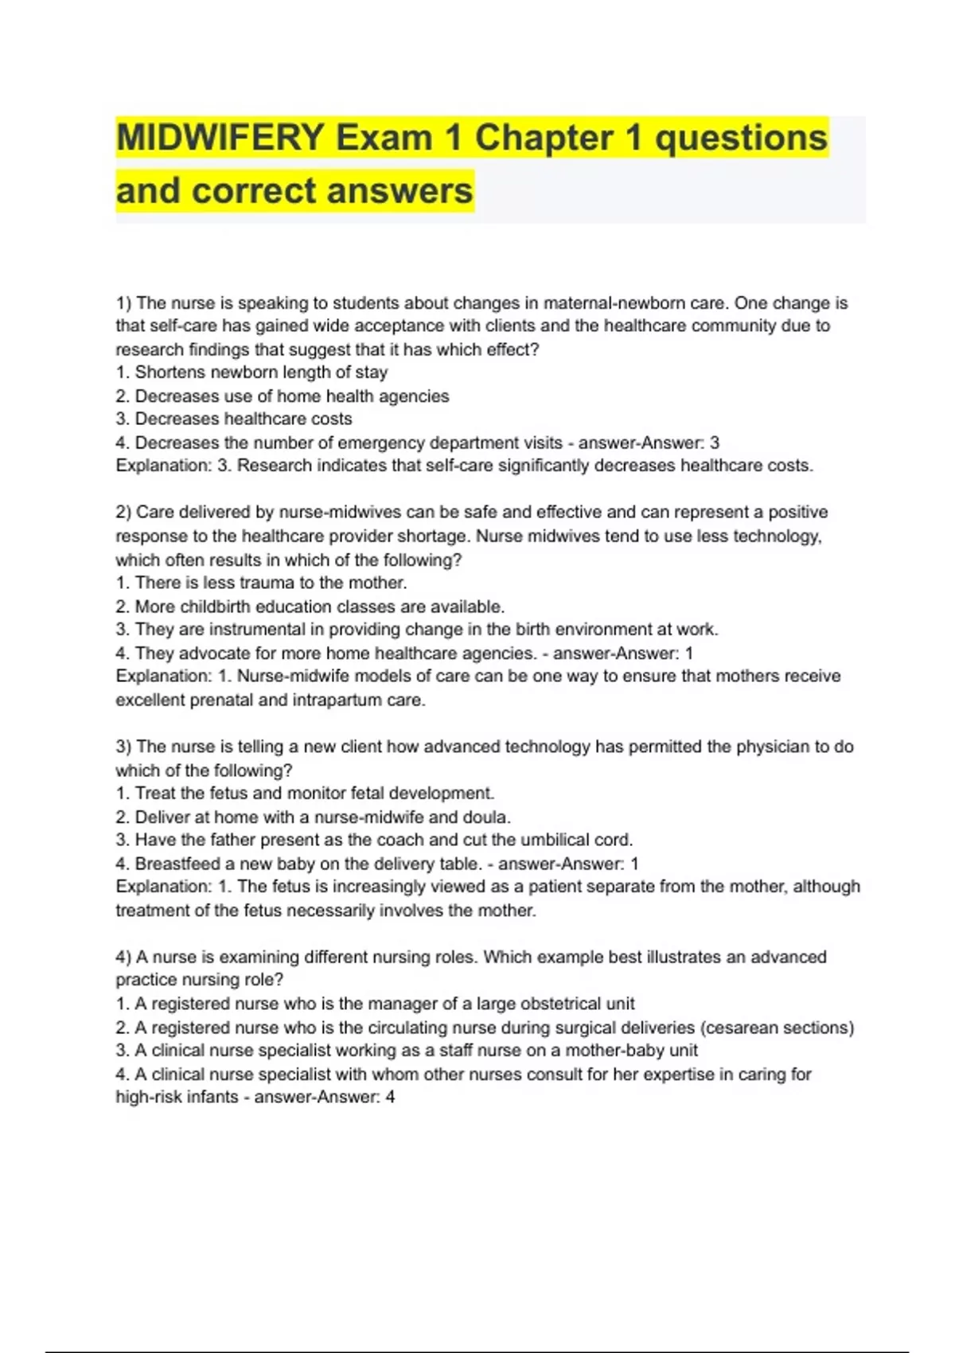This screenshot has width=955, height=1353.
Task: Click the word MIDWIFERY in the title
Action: (x=220, y=138)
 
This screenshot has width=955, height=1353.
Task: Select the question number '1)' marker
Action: (x=123, y=303)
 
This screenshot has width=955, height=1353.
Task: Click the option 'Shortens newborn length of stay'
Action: (x=261, y=372)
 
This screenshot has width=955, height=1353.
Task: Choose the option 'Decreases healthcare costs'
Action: (x=243, y=419)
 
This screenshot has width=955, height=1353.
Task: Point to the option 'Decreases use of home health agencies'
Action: (x=291, y=396)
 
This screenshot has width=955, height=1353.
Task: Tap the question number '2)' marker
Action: (x=123, y=513)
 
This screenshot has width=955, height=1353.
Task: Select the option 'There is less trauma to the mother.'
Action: (x=271, y=583)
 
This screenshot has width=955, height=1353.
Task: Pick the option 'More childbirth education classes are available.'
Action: (x=319, y=606)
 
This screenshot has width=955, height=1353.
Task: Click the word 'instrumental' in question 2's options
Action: (x=256, y=630)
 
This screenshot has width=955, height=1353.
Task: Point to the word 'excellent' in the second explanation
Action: (x=150, y=700)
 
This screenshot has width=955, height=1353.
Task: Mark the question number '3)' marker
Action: (x=123, y=747)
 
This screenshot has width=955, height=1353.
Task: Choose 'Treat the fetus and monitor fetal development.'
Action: (x=314, y=793)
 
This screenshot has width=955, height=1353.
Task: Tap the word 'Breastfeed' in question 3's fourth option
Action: (x=177, y=864)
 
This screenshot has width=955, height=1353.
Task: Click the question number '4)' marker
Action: (x=123, y=957)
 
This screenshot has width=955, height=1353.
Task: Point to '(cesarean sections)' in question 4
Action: (x=777, y=1027)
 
